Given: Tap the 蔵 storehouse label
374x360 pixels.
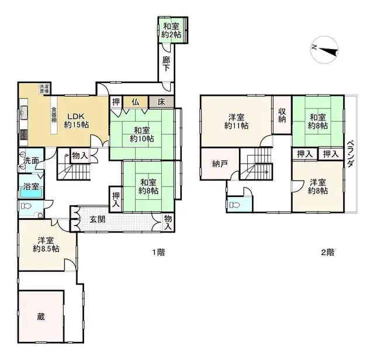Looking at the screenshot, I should click(40, 318).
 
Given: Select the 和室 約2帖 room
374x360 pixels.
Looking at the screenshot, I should click(172, 30).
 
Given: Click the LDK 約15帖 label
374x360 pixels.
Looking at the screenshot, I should click(77, 120).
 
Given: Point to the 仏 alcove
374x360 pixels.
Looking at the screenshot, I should click(135, 102).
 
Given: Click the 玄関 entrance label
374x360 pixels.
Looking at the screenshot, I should click(98, 220).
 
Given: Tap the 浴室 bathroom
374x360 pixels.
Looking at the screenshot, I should click(31, 188).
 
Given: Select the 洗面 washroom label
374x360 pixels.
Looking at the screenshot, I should click(31, 161).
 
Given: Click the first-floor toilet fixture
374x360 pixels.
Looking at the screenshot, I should click(26, 207).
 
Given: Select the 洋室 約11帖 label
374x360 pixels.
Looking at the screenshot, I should click(237, 120).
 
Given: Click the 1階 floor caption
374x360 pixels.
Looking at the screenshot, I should click(158, 252).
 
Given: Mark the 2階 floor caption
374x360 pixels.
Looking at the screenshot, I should click(327, 252).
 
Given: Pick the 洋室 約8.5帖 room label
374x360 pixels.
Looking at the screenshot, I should click(46, 244).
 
